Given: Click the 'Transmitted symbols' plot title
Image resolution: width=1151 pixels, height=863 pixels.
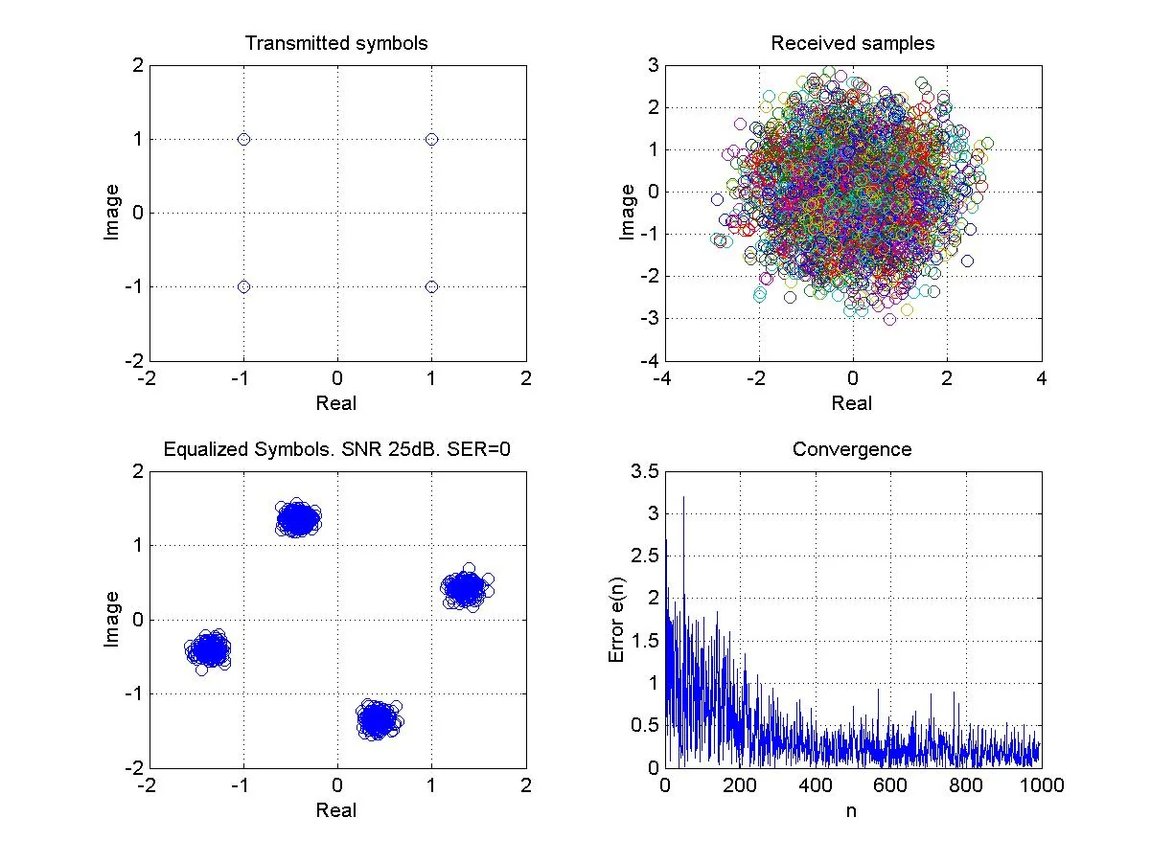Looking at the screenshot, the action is tap(336, 43).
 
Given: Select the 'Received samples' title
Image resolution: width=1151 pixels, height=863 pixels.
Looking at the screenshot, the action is tap(853, 43).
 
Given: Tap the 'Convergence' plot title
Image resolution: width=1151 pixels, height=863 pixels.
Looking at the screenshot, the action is tap(852, 449).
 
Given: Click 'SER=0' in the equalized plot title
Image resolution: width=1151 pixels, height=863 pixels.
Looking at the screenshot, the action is tap(478, 449).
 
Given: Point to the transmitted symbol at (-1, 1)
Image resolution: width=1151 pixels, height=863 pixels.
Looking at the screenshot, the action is tap(243, 140).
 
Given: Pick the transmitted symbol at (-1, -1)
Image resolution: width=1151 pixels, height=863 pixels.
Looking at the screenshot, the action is tap(243, 286).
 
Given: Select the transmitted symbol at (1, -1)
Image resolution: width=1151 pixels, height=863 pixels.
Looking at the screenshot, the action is tap(431, 286).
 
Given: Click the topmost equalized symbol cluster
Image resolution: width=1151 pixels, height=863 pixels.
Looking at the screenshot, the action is tap(298, 517).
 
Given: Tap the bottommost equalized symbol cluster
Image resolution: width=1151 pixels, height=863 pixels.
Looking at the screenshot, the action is tap(379, 719).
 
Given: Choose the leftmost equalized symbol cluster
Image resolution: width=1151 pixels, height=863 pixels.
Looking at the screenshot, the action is tap(208, 649).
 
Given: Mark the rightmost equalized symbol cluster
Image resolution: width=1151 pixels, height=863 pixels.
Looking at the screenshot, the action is tap(467, 588).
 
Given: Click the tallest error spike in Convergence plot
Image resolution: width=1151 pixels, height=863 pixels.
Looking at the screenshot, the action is tap(683, 497).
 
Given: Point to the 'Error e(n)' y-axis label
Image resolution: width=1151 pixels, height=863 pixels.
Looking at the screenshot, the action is tap(616, 620).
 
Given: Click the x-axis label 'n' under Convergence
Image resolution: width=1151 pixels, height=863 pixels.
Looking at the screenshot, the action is tap(851, 810).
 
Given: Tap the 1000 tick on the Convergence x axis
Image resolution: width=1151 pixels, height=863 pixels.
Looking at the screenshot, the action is tap(1042, 784).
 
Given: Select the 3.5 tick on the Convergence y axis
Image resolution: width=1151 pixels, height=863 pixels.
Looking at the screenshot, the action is tap(644, 471).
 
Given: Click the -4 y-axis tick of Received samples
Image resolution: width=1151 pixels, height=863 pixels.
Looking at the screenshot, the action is tap(650, 360).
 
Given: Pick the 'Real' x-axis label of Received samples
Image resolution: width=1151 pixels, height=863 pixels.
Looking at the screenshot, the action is tap(852, 403).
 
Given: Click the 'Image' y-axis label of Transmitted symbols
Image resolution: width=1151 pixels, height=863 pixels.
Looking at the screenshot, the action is tap(112, 213).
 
